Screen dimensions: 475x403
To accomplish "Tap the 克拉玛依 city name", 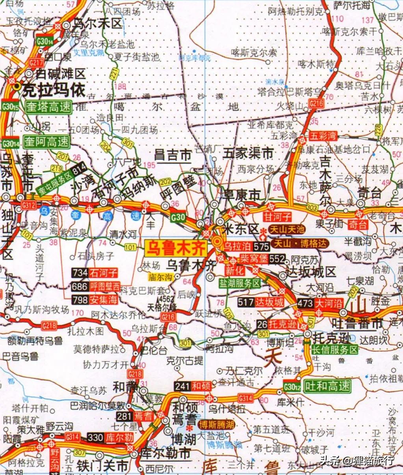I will click(x=54, y=90).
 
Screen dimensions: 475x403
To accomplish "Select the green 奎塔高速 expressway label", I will click(x=48, y=107).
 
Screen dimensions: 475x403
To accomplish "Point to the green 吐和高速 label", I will click(x=327, y=386).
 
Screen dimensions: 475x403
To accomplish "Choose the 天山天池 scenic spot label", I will click(x=287, y=229).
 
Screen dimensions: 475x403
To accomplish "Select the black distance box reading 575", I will click(x=261, y=247).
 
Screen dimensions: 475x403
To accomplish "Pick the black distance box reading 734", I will click(x=80, y=273).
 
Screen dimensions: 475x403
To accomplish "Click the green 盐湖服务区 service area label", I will click(x=240, y=283).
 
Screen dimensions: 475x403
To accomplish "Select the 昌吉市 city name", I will click(x=173, y=155).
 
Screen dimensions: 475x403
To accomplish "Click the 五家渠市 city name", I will click(x=248, y=153).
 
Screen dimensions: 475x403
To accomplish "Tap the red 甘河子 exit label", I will click(x=278, y=217).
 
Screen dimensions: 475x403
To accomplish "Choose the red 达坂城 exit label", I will click(x=269, y=302).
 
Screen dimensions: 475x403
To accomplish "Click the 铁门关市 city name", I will click(x=102, y=466).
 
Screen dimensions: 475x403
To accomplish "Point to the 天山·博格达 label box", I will click(x=301, y=244).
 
